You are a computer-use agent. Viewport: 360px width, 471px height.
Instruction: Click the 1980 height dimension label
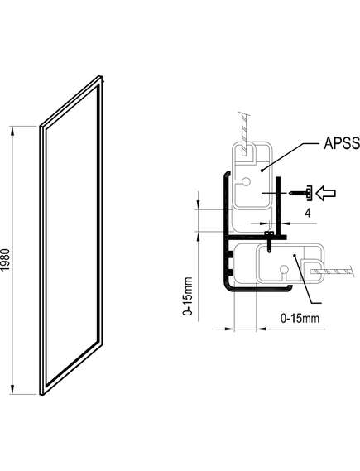[x=6, y=260]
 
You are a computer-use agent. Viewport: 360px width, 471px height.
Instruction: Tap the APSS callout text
[x=342, y=143]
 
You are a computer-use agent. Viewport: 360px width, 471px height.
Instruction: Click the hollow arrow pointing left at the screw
[x=327, y=193]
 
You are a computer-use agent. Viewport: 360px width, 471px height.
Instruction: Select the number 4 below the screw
[x=308, y=213]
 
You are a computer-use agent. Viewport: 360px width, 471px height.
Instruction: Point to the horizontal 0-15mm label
[x=300, y=318]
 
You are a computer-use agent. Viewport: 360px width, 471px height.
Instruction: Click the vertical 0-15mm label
[x=188, y=296]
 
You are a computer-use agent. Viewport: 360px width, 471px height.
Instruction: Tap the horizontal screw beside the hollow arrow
[x=300, y=193]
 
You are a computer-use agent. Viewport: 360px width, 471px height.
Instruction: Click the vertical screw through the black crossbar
[x=269, y=242]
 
